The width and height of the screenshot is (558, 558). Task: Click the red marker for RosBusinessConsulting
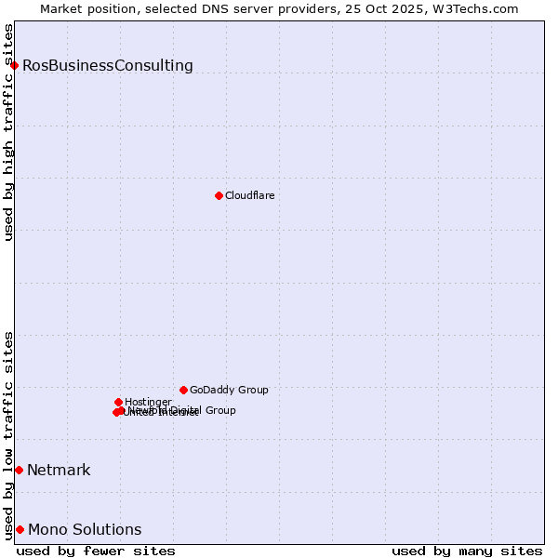coord(15,65)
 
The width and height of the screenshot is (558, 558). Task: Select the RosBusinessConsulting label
coord(108,66)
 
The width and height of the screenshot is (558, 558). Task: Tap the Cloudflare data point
coord(219,195)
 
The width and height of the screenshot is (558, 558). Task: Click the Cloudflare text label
coord(249,196)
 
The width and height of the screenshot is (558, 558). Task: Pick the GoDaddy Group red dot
coord(183,390)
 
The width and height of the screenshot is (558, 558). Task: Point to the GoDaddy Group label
coord(229,391)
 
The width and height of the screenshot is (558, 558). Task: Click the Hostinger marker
coord(118,402)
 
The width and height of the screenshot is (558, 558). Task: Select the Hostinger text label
coord(148,403)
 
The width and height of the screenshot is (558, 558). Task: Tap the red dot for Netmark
coord(19,470)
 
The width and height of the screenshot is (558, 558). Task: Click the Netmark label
coord(59,471)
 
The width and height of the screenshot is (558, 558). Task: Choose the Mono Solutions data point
coord(20,529)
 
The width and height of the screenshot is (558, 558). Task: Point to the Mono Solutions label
coord(85,530)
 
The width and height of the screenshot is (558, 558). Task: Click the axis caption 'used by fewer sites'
coord(96,551)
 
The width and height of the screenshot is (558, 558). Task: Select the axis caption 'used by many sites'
coord(467,551)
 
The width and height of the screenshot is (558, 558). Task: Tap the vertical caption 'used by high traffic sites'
coord(9,132)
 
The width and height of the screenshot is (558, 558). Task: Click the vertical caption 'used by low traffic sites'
coord(9,434)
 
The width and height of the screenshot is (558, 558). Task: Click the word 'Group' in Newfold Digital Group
coord(219,410)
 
